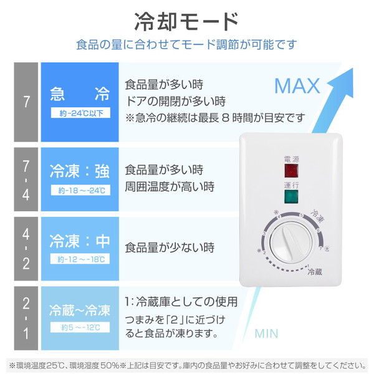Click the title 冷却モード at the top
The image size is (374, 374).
(x=186, y=21)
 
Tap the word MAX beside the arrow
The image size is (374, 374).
(x=297, y=85)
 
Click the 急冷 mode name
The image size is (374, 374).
(x=79, y=95)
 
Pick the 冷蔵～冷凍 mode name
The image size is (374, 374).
(x=79, y=310)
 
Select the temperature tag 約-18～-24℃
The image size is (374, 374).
(x=79, y=189)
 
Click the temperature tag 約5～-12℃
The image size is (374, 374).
(x=79, y=328)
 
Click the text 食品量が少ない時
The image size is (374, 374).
(x=170, y=247)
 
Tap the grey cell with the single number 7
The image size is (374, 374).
(x=26, y=102)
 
